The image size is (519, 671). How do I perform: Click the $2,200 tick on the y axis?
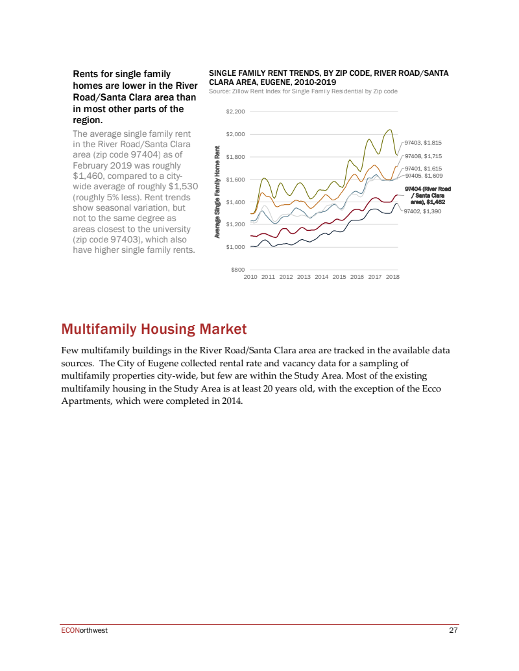click(x=235, y=112)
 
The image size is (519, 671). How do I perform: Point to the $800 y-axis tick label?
click(x=238, y=269)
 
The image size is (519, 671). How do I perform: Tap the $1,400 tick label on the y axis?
click(x=235, y=202)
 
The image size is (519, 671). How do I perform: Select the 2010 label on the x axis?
click(x=250, y=277)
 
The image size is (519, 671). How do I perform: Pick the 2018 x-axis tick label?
click(x=392, y=277)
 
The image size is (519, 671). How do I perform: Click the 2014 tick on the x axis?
click(x=321, y=277)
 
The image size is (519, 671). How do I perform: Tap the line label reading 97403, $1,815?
click(x=423, y=142)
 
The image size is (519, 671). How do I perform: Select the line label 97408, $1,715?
click(x=423, y=156)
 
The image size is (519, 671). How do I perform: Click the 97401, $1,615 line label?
click(x=423, y=169)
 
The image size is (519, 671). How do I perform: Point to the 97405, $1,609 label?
click(x=423, y=176)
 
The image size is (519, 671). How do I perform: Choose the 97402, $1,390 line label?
click(x=422, y=211)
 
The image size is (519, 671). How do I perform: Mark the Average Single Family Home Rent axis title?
click(x=218, y=194)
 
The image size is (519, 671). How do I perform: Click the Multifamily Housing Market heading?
click(x=154, y=329)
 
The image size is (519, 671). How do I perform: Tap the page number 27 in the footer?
click(x=454, y=631)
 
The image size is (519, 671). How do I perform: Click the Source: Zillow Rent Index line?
click(x=303, y=91)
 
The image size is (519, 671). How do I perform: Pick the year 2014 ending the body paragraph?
click(x=231, y=401)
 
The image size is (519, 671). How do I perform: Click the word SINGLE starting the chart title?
click(x=222, y=74)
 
